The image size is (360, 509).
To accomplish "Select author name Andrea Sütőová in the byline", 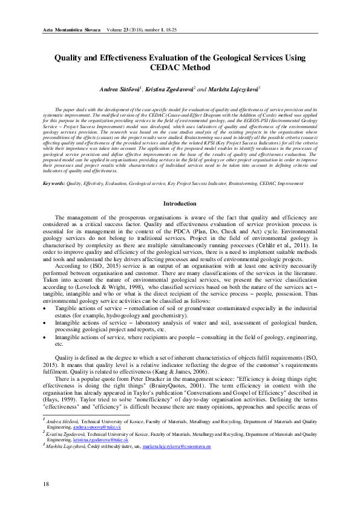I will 119,88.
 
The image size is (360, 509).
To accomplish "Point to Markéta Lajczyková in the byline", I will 234,88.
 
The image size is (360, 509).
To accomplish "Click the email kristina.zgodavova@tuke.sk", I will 99,439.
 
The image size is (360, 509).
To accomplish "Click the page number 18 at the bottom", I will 45,485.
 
